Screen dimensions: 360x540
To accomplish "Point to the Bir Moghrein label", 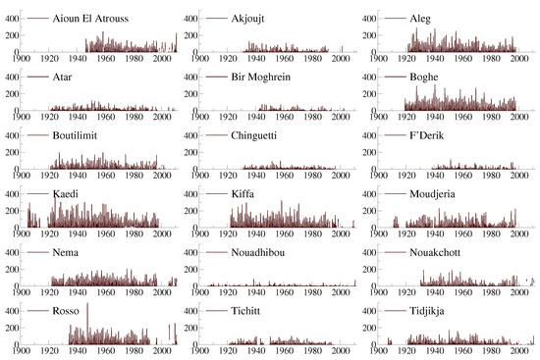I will (x=272, y=77).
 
